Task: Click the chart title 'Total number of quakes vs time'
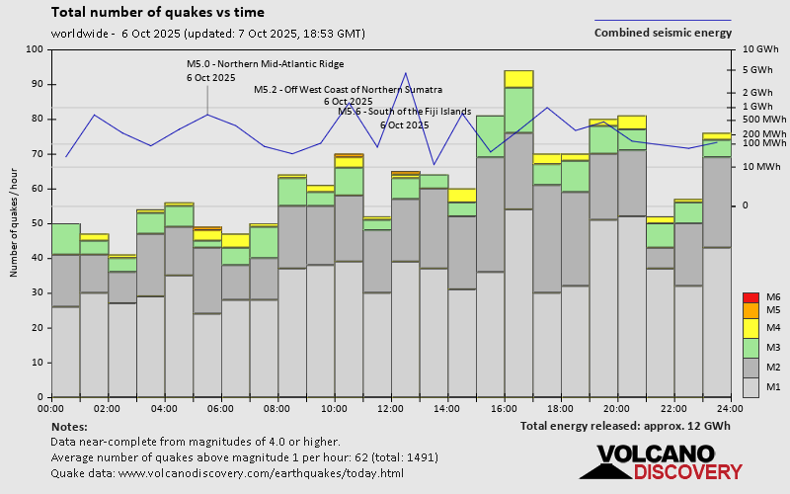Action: [x=157, y=13]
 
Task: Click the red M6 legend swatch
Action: [x=750, y=297]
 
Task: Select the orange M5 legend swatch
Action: [x=750, y=310]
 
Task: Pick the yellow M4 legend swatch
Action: [x=750, y=327]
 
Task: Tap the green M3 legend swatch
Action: [x=750, y=348]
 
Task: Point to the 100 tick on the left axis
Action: [x=36, y=49]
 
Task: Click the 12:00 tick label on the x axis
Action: [x=391, y=408]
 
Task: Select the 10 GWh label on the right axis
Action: [x=760, y=49]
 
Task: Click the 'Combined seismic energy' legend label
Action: [x=663, y=33]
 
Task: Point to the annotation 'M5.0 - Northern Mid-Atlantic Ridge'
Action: [x=265, y=64]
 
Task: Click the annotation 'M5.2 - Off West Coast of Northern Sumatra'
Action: [x=348, y=89]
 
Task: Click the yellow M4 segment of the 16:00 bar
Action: [x=518, y=79]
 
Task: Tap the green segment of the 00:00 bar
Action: [x=65, y=239]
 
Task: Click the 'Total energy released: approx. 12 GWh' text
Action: [x=625, y=426]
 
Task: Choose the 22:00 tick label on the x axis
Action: [x=673, y=408]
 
